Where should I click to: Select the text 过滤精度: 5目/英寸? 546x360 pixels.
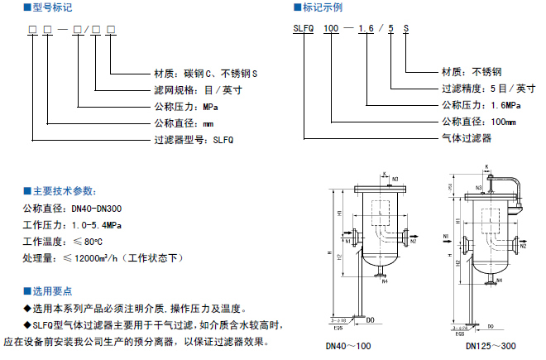(x=482, y=89)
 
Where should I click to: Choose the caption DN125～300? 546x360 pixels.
(x=491, y=348)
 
